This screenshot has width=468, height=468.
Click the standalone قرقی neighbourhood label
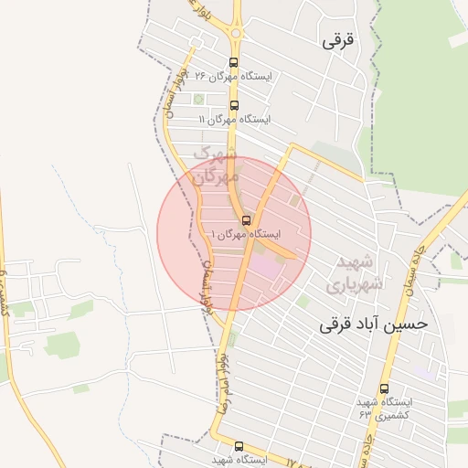[337, 41]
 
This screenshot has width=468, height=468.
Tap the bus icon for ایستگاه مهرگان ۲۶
[233, 64]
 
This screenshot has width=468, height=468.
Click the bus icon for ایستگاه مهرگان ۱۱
[234, 106]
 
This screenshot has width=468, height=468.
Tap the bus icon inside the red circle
[246, 220]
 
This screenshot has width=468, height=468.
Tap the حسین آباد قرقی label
[374, 324]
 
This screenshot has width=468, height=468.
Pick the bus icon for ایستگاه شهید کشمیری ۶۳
[384, 388]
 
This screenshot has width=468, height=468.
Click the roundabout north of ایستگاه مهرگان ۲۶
[236, 35]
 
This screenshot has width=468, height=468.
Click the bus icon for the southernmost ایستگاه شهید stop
[239, 446]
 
